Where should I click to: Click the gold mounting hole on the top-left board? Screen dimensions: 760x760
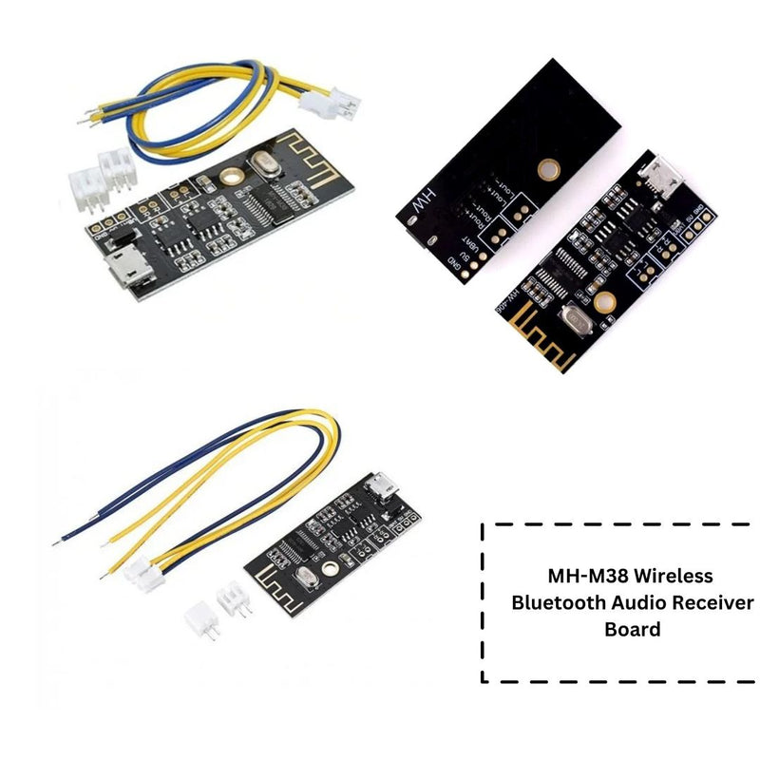229,177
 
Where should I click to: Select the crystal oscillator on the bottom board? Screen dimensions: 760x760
301,580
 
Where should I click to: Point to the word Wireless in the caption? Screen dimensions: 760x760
672,576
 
